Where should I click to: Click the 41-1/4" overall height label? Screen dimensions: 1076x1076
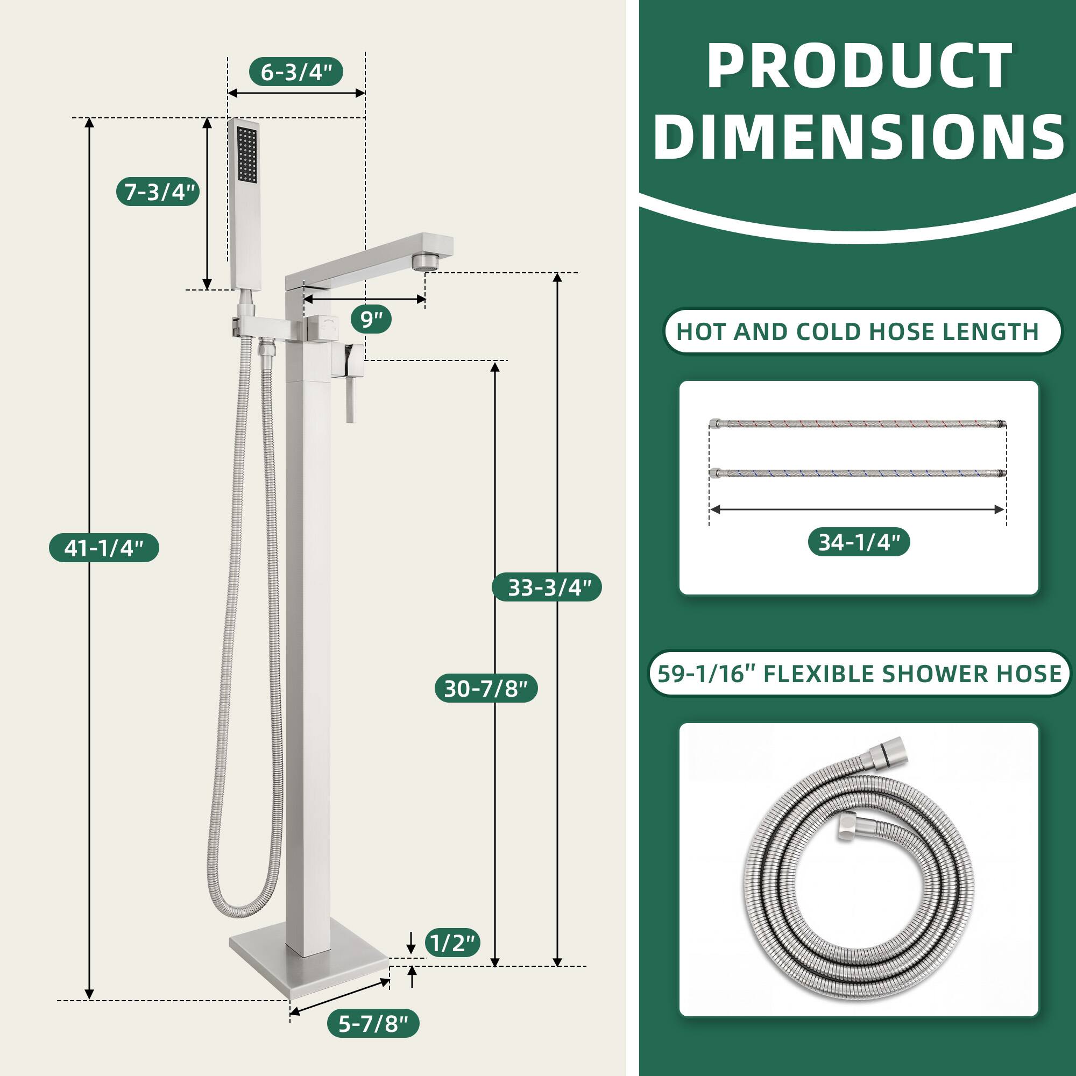(104, 548)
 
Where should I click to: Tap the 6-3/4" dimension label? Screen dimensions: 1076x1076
(296, 72)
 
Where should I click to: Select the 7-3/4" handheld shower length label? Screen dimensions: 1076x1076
(158, 192)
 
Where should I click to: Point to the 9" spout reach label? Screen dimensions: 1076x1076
(371, 320)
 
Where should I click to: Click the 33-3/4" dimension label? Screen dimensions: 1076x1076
(547, 587)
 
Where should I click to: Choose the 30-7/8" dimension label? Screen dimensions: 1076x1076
(486, 689)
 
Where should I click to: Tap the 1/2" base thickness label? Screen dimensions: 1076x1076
(452, 943)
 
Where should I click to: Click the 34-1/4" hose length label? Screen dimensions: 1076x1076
(859, 542)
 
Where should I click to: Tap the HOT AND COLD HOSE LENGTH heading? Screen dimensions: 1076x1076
(858, 332)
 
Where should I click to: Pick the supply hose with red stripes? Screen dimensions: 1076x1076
(858, 424)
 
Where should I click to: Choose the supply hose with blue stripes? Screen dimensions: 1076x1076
(858, 473)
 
